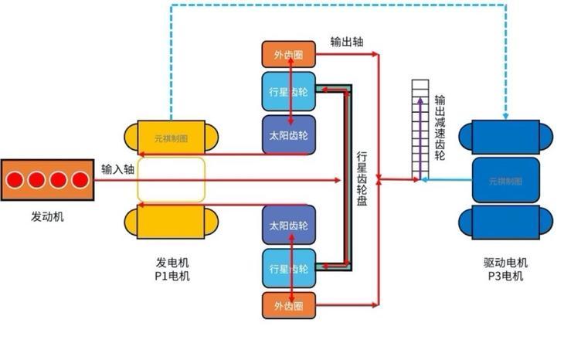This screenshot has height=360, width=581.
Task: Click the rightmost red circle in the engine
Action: click(x=80, y=180)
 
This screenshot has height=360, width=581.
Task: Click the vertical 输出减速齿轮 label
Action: click(x=440, y=127)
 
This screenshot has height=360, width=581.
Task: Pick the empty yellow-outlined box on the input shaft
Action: click(x=172, y=179)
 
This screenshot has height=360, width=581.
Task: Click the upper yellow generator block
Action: click(x=171, y=137)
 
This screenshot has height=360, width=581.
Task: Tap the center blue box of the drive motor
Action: click(x=505, y=180)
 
